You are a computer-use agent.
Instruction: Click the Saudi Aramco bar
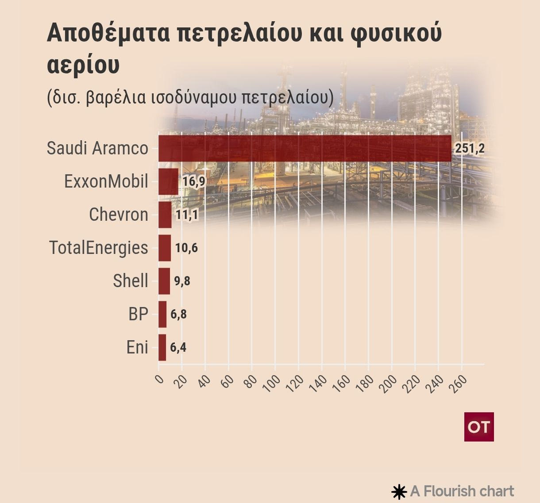pos(305,148)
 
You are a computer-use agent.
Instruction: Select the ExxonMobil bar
pos(168,181)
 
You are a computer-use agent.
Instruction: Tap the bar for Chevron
pos(165,215)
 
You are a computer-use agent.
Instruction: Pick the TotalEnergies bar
pos(164,248)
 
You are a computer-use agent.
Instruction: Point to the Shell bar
pos(164,281)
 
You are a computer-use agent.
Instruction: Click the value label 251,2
pos(470,148)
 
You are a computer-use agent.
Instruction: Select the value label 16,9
pos(194,181)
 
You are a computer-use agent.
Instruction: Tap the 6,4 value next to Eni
pos(178,347)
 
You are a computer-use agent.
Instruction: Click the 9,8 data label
pos(182,281)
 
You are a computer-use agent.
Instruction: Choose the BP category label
pos(138,314)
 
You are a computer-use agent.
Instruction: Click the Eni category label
pos(137,347)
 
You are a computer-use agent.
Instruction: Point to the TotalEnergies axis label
pos(98,248)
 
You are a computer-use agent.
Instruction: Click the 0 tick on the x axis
pos(159,379)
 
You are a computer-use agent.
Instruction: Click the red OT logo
pos(479,427)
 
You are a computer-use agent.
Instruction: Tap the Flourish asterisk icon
pos(399,491)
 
